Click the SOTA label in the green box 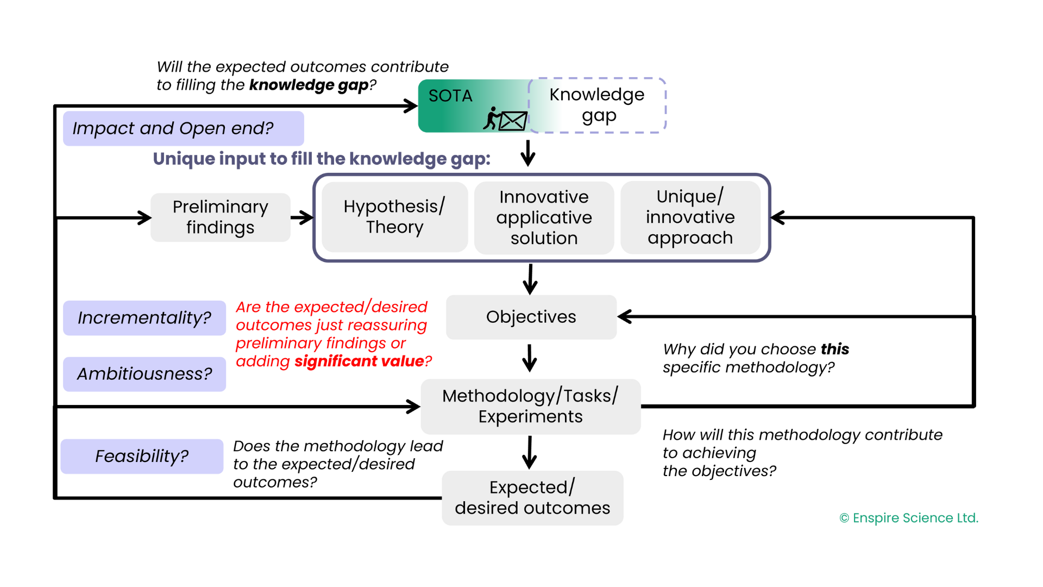(x=450, y=96)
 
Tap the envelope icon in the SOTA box (x=513, y=121)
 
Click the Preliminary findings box (x=221, y=217)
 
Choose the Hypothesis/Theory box (x=394, y=217)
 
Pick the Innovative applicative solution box (x=544, y=217)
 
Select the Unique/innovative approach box (x=690, y=217)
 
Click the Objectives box (x=531, y=317)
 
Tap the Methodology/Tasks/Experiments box (x=531, y=407)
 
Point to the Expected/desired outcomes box (x=532, y=498)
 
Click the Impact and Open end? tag (x=184, y=128)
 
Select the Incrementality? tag (x=144, y=318)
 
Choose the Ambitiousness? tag (x=144, y=374)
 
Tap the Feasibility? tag (x=142, y=456)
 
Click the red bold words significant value (x=359, y=361)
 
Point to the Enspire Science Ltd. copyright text (x=909, y=518)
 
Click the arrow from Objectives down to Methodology (x=530, y=358)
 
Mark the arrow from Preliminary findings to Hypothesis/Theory (x=302, y=218)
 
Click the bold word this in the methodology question (x=835, y=349)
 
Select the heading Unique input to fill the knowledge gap (x=322, y=159)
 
